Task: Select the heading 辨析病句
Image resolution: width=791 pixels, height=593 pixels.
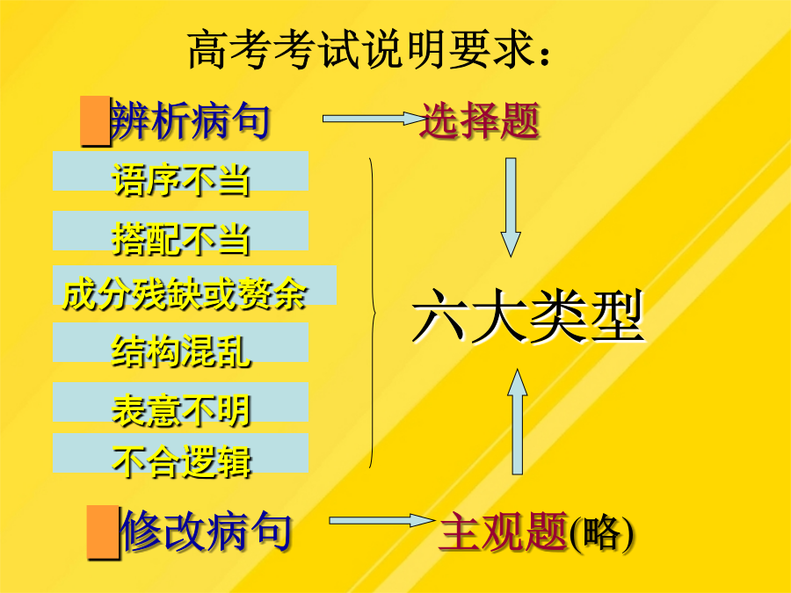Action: click(x=190, y=120)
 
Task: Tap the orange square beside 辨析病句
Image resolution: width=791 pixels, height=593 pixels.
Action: click(x=95, y=121)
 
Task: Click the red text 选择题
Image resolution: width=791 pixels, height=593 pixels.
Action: click(x=479, y=120)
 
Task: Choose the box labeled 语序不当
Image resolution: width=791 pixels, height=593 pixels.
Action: click(x=180, y=171)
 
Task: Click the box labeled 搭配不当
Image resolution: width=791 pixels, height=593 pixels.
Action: click(x=180, y=231)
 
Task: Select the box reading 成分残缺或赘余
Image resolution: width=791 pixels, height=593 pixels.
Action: click(x=195, y=286)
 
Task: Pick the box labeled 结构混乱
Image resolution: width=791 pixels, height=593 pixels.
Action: click(x=180, y=343)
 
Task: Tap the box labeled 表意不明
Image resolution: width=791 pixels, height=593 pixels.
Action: click(x=180, y=402)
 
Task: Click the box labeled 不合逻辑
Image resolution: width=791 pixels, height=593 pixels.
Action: click(x=180, y=453)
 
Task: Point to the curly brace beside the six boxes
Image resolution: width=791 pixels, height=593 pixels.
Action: click(x=374, y=314)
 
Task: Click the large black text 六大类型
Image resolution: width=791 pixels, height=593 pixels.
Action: click(x=527, y=316)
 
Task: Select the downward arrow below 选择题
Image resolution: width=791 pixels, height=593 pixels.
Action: click(x=511, y=207)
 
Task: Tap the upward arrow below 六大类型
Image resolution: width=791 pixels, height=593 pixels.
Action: click(x=517, y=422)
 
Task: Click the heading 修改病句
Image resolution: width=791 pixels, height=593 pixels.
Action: click(x=207, y=532)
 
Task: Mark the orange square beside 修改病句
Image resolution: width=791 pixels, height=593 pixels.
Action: click(x=104, y=532)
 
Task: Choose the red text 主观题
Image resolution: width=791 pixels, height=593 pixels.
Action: click(x=503, y=532)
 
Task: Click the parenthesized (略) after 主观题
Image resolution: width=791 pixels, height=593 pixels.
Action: click(x=602, y=533)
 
